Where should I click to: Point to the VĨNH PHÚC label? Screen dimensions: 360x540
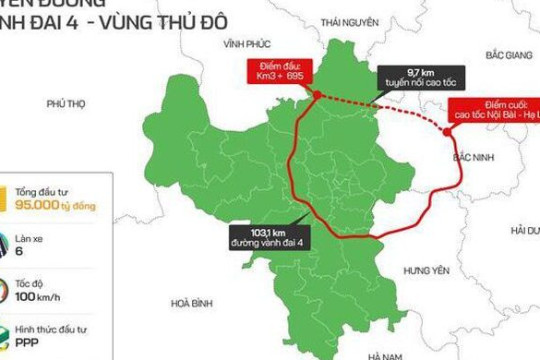[x=249, y=44]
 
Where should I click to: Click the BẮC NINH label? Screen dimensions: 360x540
[x=473, y=158]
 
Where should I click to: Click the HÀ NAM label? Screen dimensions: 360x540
[x=384, y=355]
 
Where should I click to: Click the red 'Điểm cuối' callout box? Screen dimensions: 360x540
[x=493, y=111]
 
